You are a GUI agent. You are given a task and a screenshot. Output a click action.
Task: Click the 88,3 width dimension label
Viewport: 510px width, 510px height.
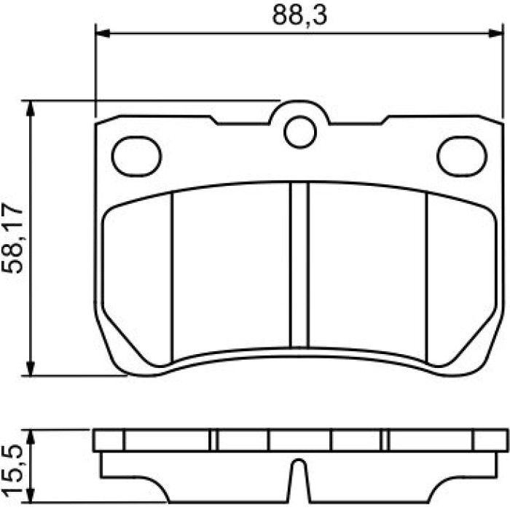(299, 15)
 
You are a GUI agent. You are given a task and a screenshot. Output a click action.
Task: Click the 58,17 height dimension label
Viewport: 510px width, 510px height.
(12, 239)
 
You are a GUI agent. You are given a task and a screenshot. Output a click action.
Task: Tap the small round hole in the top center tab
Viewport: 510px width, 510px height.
(300, 132)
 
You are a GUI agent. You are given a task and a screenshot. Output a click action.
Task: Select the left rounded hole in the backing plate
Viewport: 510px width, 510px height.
(136, 157)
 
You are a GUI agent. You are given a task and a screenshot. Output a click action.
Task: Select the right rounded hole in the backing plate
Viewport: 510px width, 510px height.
(462, 157)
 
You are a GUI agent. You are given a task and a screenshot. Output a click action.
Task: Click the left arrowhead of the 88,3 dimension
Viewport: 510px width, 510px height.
(103, 34)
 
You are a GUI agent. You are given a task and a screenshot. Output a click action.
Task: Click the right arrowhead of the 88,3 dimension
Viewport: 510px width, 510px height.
(496, 34)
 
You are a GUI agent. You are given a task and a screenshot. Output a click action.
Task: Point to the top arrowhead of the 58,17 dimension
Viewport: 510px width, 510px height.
(30, 109)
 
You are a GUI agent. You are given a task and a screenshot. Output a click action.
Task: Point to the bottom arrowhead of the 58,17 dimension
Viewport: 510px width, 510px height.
(30, 368)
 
